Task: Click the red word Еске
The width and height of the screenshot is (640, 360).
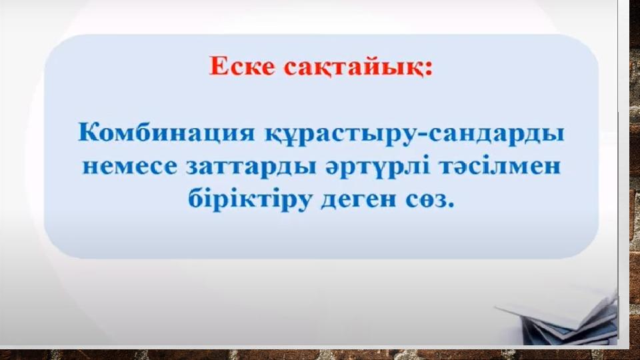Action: point(241,66)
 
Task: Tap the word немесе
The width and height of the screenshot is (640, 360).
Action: point(130,167)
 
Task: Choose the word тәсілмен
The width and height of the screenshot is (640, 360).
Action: point(499,167)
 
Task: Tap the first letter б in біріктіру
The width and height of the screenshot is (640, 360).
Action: point(196,198)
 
